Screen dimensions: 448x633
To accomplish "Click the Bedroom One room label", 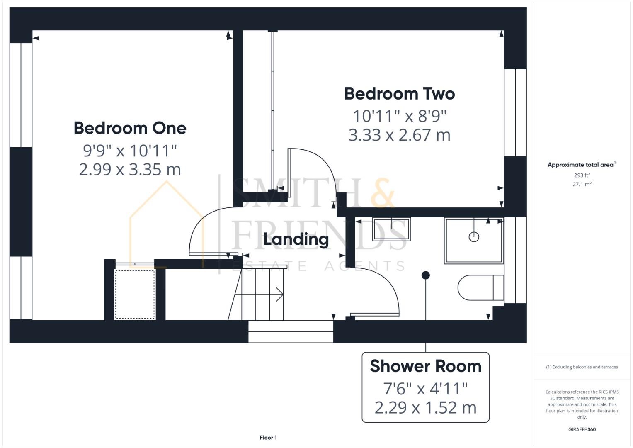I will click(x=130, y=128).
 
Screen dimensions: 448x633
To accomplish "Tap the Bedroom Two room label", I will click(x=399, y=94).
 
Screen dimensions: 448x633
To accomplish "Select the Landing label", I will click(x=296, y=239).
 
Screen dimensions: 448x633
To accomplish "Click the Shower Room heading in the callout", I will click(x=425, y=366).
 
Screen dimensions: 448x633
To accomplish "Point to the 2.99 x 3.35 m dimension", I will click(x=130, y=170).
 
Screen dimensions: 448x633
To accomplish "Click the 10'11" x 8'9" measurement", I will click(x=399, y=116).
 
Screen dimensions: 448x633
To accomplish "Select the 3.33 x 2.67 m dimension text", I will click(x=399, y=135).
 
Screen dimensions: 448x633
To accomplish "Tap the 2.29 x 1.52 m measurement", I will click(x=425, y=407).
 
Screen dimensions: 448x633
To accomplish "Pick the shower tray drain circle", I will click(x=474, y=237).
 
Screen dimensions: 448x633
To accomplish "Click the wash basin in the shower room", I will click(x=391, y=229).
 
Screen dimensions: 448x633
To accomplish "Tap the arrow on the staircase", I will click(x=279, y=295).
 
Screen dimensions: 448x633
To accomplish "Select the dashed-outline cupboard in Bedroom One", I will click(x=134, y=294).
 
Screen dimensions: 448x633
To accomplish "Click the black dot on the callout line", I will click(x=425, y=275).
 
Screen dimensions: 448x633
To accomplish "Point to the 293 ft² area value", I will click(x=582, y=175).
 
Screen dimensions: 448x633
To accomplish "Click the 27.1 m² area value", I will click(x=582, y=184).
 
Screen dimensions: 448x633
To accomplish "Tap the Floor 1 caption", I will click(x=268, y=438).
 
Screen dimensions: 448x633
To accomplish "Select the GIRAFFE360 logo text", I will click(x=582, y=429).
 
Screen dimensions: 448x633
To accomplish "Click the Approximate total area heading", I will click(x=581, y=165).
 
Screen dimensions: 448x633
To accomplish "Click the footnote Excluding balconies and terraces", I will click(x=582, y=367).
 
